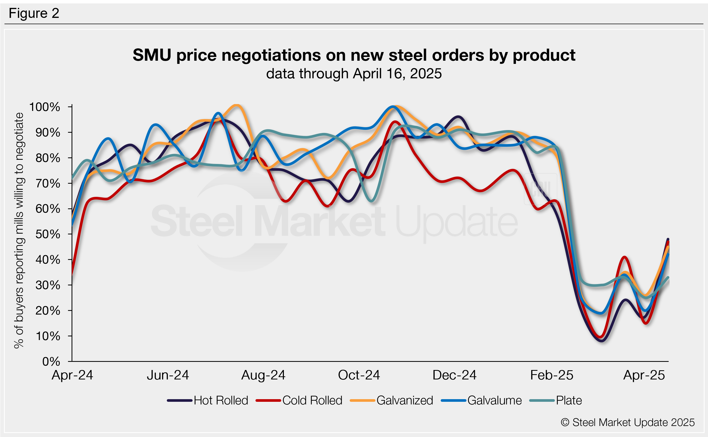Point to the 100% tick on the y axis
click(x=45, y=107)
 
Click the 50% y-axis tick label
click(x=48, y=234)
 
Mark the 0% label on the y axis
click(x=51, y=361)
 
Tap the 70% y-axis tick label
click(x=48, y=183)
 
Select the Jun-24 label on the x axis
click(x=168, y=375)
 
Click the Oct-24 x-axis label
click(x=359, y=375)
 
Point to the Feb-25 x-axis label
click(x=551, y=375)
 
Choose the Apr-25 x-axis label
click(x=644, y=375)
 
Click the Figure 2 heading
click(x=34, y=13)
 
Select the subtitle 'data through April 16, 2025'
click(x=354, y=74)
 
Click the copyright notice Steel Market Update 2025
click(x=627, y=422)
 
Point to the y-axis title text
click(x=18, y=230)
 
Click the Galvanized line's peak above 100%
click(x=237, y=105)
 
